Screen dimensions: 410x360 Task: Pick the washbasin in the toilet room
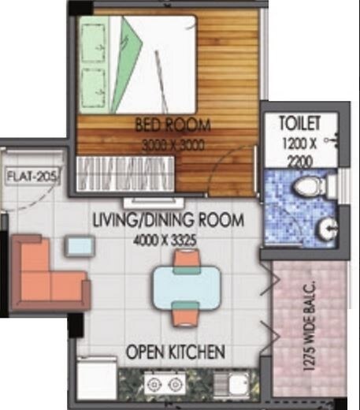[x=328, y=229]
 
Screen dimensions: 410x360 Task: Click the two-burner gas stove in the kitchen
[x=165, y=385]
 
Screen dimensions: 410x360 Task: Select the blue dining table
[x=187, y=285]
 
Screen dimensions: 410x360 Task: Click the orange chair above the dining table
[x=186, y=259]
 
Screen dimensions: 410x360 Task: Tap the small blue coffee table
[x=80, y=246]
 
